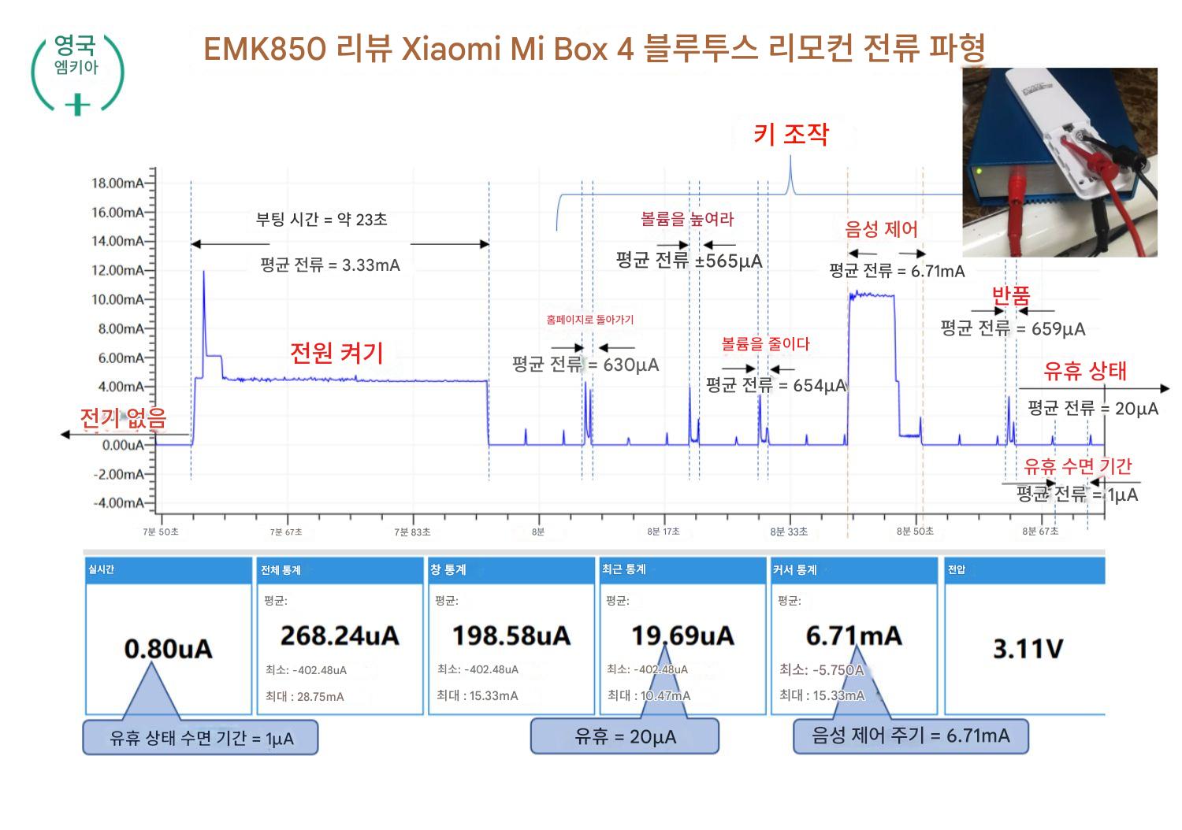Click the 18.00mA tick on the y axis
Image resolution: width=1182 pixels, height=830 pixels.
[x=118, y=183]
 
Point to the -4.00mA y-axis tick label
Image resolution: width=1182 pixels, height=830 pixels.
[x=118, y=503]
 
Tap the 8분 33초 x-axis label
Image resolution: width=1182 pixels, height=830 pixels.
[x=789, y=532]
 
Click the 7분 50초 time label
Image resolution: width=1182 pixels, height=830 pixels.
[x=161, y=532]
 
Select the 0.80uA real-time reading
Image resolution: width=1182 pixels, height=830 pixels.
[x=168, y=649]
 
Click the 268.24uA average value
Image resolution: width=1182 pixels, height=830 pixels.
[x=340, y=635]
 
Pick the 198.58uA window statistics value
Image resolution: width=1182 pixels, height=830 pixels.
[x=511, y=635]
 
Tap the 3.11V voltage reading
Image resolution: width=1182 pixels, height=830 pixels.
[x=1028, y=649]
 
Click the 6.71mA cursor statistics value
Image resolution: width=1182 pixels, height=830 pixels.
[x=853, y=635]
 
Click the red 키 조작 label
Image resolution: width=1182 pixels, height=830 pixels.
[x=790, y=135]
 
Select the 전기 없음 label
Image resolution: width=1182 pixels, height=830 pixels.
[x=123, y=418]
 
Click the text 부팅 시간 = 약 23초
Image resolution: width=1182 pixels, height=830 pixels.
[x=322, y=220]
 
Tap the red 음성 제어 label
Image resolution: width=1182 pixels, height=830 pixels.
[x=881, y=229]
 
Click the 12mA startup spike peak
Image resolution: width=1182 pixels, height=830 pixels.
[x=204, y=272]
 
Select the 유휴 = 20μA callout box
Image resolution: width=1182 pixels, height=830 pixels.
[x=624, y=737]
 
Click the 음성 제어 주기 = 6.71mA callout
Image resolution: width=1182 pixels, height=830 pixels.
[x=910, y=736]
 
